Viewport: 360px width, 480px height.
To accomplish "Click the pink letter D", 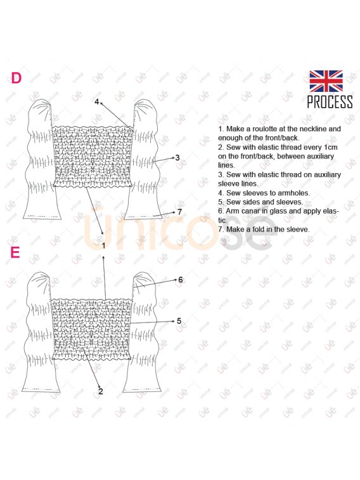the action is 16,78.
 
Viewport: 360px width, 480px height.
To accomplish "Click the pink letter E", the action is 15,252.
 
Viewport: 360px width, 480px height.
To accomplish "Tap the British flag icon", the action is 326,81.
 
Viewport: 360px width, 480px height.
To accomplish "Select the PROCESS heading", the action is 330,102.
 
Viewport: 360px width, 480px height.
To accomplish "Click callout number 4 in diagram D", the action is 96,101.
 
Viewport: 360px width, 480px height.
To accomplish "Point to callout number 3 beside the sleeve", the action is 177,158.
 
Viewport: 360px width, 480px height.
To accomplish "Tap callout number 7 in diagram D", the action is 179,212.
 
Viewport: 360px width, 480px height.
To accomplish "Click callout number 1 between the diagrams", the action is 103,245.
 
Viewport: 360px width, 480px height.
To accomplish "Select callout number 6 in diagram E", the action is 181,280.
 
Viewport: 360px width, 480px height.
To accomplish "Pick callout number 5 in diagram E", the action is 179,321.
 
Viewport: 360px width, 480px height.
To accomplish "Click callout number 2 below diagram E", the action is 101,391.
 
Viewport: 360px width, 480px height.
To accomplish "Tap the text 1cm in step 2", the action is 330,147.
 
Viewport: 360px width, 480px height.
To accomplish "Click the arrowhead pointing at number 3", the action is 172,158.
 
